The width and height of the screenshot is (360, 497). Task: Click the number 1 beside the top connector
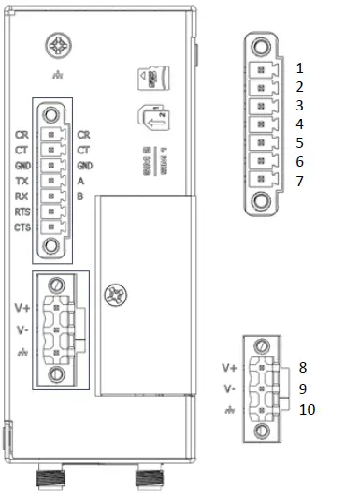click(x=300, y=68)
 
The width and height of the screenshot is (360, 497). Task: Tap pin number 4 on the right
click(x=300, y=124)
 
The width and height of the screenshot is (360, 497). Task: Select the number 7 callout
click(x=300, y=180)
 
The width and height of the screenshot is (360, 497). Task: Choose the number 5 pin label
click(x=300, y=142)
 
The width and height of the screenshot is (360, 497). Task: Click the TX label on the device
click(x=22, y=181)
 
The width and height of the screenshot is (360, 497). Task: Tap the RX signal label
click(x=22, y=197)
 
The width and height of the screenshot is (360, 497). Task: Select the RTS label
click(x=22, y=212)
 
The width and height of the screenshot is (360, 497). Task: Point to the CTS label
click(x=22, y=228)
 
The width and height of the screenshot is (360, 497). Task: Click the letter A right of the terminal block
click(x=81, y=181)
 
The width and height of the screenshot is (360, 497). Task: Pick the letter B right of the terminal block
click(x=81, y=197)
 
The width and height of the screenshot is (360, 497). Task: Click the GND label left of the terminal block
click(x=22, y=165)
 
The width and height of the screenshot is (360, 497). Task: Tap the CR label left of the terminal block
click(x=22, y=134)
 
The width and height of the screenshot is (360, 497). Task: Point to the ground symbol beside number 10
click(x=230, y=410)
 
